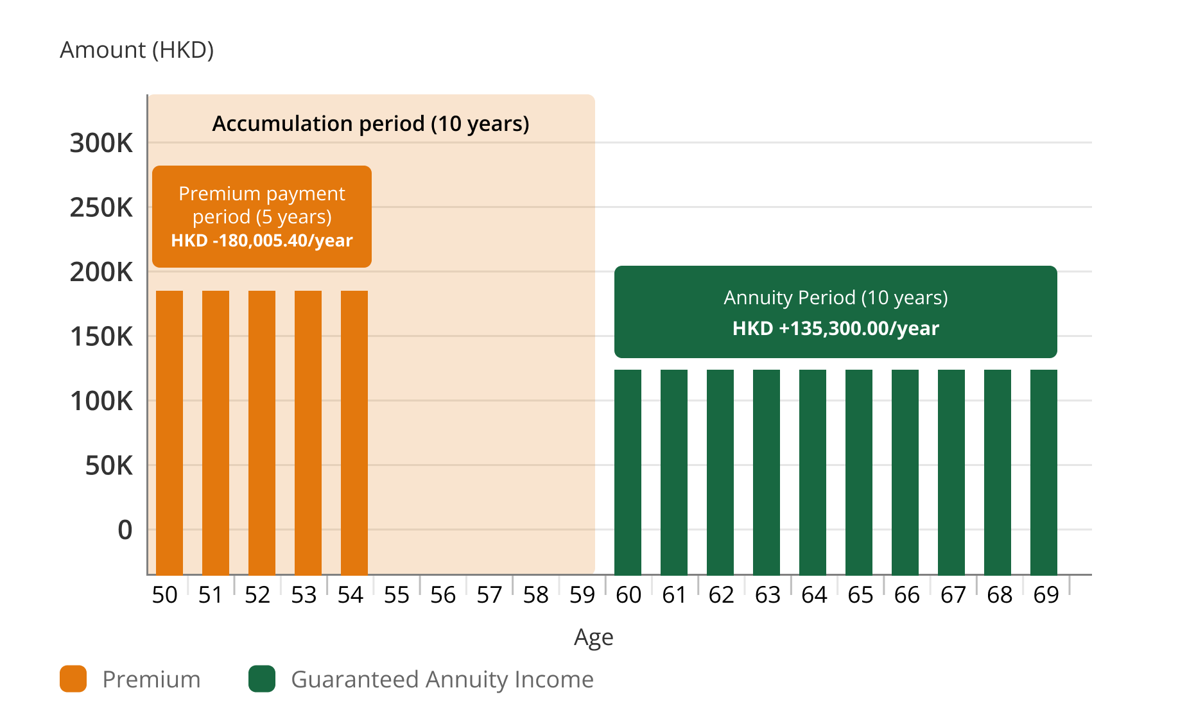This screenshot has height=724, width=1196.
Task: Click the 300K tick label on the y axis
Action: [101, 143]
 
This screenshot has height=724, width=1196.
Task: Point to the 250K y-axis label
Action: [101, 208]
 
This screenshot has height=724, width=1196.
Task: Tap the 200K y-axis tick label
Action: [101, 272]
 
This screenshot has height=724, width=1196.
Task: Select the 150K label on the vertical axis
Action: [101, 337]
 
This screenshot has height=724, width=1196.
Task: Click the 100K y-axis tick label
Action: [101, 401]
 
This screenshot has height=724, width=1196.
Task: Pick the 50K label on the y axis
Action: [109, 466]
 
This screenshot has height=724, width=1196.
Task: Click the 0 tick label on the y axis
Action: [125, 530]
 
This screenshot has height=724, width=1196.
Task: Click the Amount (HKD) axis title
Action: [137, 50]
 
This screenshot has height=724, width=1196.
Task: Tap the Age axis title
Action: [594, 637]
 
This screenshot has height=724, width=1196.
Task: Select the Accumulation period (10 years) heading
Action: [370, 123]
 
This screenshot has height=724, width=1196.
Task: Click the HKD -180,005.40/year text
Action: [262, 241]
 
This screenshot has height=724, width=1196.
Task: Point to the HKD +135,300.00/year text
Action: [835, 329]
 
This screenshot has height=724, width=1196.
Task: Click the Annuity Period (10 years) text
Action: [835, 298]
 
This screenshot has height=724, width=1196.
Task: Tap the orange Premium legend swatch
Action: [73, 679]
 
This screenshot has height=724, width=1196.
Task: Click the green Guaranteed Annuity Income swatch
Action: [262, 679]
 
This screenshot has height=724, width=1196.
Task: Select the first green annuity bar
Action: [628, 472]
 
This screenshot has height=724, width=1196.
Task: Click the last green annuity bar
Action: [1043, 472]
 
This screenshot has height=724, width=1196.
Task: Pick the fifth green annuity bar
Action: [813, 472]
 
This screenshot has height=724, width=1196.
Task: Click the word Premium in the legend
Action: [152, 679]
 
